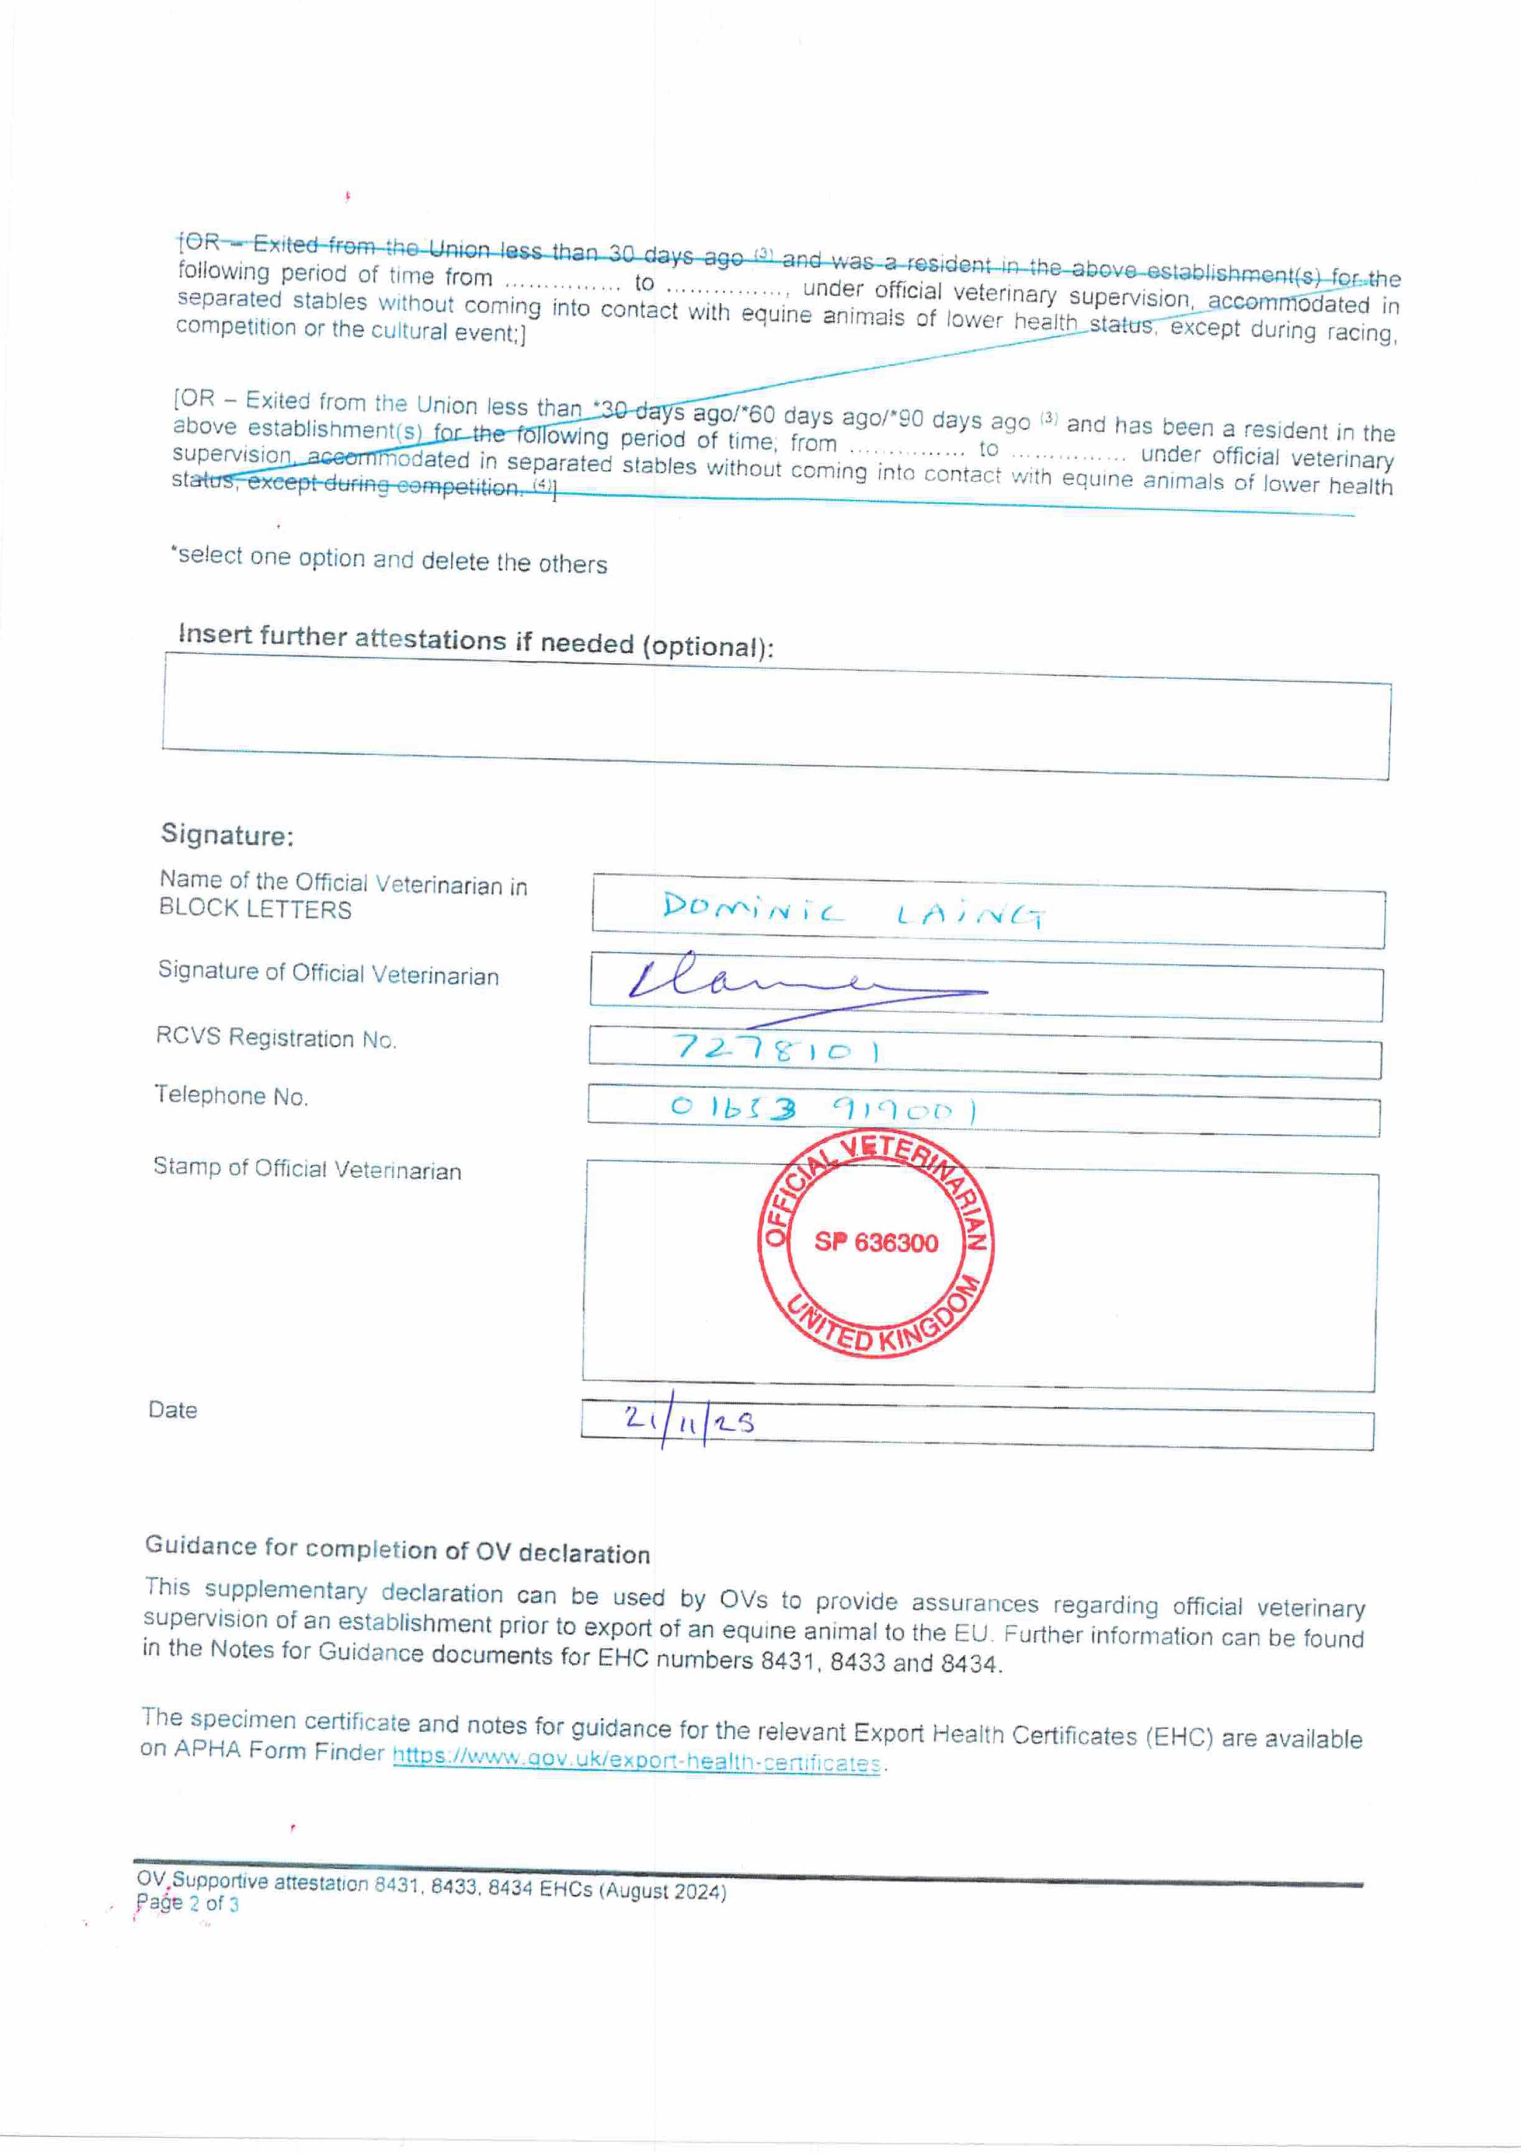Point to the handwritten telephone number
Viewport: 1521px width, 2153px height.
[823, 1109]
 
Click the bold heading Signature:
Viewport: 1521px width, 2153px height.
[227, 834]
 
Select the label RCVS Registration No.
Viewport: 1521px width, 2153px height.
[276, 1037]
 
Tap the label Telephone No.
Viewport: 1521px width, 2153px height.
[231, 1095]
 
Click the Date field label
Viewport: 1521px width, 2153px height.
[173, 1409]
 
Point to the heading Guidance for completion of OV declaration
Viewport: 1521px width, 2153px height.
[397, 1549]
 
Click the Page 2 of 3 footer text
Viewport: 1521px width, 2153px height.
[188, 1903]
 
